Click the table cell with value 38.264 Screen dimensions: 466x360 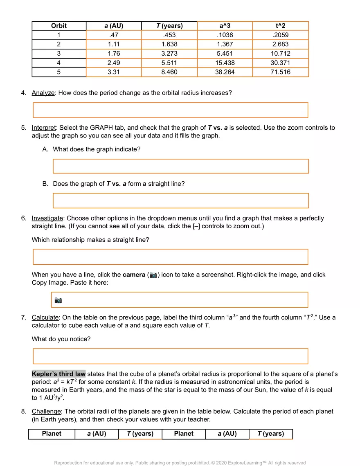[x=225, y=72]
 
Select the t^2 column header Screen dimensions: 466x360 [x=281, y=26]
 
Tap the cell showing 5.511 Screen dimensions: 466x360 [x=169, y=63]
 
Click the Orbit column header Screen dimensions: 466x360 [x=59, y=26]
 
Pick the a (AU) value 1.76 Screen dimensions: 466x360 [x=113, y=54]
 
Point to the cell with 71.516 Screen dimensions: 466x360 [x=281, y=72]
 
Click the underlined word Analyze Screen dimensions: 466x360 [x=43, y=93]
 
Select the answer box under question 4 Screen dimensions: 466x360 [x=170, y=110]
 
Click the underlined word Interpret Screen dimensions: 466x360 [x=43, y=128]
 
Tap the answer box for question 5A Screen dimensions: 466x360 [x=180, y=166]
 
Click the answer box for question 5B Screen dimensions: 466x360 [x=180, y=200]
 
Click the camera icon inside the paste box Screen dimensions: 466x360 [x=59, y=300]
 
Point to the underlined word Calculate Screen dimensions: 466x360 [x=45, y=317]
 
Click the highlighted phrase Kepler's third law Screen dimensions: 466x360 [x=59, y=374]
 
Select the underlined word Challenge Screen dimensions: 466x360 [x=46, y=411]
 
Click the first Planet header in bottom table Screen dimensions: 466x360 [x=52, y=434]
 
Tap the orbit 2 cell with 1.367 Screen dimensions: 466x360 [x=225, y=44]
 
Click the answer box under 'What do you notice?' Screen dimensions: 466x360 [x=170, y=356]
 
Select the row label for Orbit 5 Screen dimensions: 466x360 [x=59, y=72]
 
